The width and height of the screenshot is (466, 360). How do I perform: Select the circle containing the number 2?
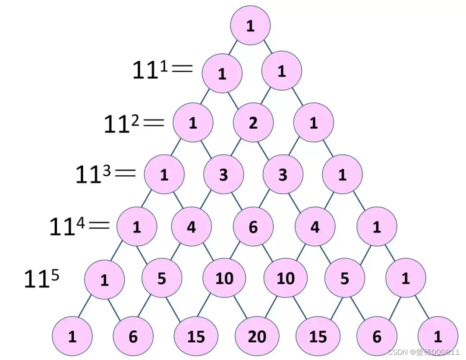pos(253,123)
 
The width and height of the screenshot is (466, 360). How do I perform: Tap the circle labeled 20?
pos(257,336)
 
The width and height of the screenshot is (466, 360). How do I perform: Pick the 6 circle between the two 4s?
pos(253,227)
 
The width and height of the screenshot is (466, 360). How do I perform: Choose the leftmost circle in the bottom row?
pos(72,336)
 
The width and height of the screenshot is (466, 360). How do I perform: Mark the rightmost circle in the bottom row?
pos(438,336)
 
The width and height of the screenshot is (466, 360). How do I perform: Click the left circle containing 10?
pos(224,279)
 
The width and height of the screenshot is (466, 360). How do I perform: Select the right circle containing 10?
pos(285,279)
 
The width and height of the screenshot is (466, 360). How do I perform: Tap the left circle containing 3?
pos(224,175)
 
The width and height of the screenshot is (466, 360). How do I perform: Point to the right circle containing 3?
pos(283,175)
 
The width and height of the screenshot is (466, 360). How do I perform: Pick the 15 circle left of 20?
pos(196,336)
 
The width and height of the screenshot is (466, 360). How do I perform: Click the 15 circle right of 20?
pos(318,336)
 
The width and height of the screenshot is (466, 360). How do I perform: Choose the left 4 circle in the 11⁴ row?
pos(191,227)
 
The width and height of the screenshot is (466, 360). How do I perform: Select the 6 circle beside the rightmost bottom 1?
pos(377,336)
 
